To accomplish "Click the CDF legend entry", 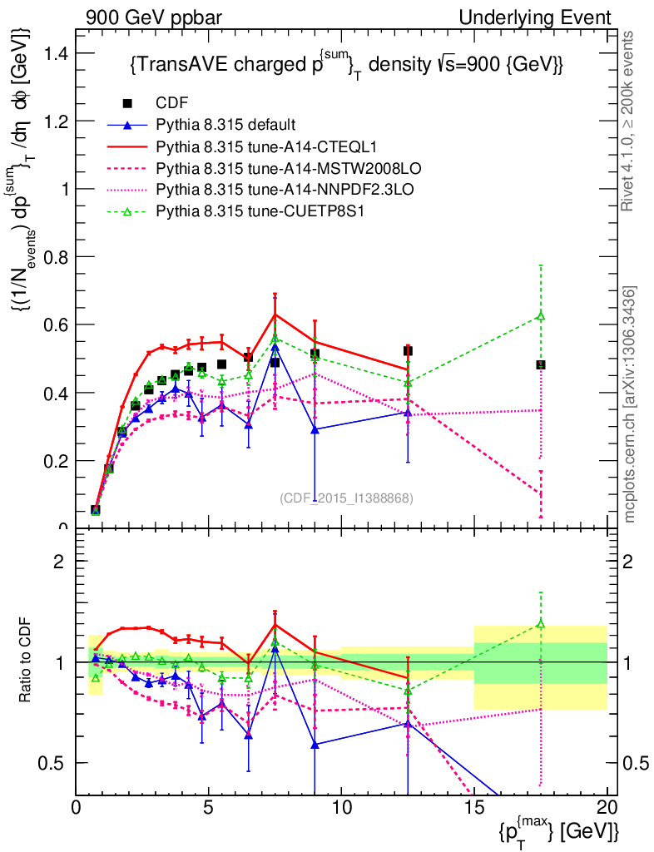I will coord(172,103).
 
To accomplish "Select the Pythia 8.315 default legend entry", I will coord(225,125).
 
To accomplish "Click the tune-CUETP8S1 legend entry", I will coord(261,211).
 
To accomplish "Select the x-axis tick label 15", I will coord(474,807).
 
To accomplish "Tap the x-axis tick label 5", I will coord(209,807).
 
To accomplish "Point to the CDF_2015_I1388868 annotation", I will coord(346,498).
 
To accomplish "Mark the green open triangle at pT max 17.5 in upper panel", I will coord(541,315).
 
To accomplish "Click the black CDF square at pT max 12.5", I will coord(408,351).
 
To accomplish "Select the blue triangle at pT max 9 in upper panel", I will coord(315,429).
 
